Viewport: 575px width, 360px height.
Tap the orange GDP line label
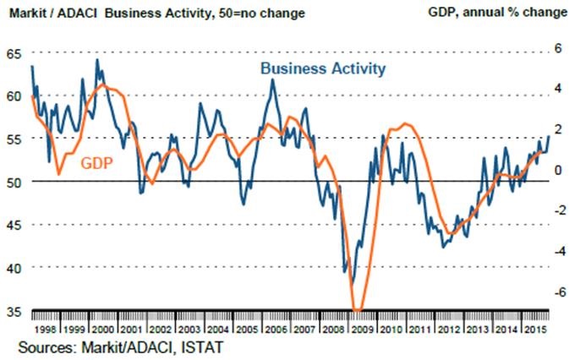pyautogui.click(x=97, y=162)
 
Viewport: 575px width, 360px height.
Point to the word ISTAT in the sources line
pyautogui.click(x=205, y=346)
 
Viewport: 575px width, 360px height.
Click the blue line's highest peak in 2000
pyautogui.click(x=96, y=59)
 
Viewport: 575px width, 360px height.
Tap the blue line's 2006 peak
pyautogui.click(x=271, y=79)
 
